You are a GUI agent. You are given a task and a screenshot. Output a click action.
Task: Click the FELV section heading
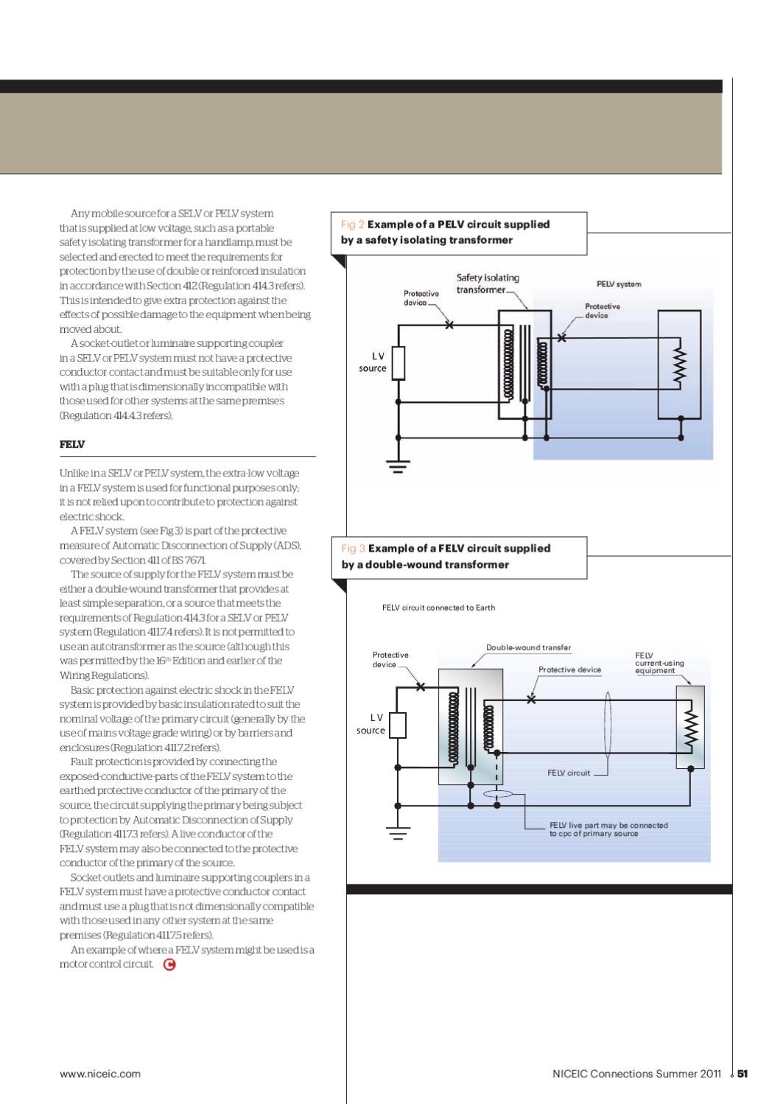(72, 445)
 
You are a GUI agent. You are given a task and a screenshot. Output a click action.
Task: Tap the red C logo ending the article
(169, 964)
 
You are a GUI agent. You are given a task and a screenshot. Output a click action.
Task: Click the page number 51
(742, 1074)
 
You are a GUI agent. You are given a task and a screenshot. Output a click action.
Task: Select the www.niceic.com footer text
(100, 1074)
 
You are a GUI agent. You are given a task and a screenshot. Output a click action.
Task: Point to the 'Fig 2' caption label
(353, 225)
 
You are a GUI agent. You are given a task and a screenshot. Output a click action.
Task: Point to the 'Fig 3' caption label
(353, 549)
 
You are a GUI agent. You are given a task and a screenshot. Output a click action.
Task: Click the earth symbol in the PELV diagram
(398, 465)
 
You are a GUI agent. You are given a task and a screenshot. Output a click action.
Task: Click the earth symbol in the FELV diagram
(398, 833)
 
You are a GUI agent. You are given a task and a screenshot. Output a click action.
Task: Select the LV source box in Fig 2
(398, 363)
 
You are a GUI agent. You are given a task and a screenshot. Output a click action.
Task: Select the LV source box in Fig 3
(398, 725)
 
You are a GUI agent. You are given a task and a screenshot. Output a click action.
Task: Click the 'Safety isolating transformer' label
(488, 284)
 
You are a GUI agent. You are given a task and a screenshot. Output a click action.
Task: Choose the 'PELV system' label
(619, 284)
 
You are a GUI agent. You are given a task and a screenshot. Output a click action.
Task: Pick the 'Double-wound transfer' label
(528, 648)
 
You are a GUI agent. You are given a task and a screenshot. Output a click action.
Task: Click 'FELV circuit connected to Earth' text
(438, 608)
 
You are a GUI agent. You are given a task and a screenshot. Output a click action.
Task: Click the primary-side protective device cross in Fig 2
(449, 325)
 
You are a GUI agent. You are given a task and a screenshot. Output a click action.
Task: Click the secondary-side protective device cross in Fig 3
(531, 699)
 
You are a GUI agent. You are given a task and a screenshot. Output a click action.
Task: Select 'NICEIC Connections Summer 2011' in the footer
(636, 1074)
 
